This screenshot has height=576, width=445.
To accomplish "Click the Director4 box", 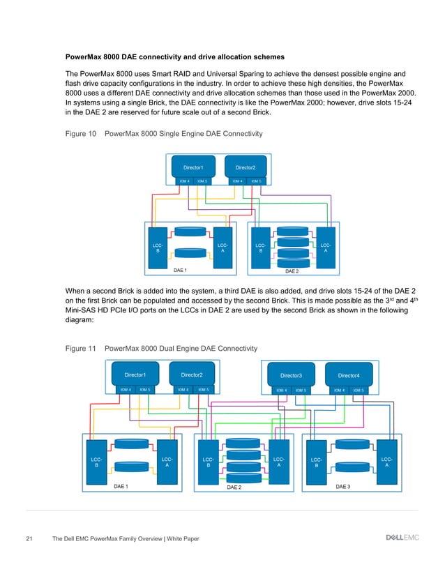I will pyautogui.click(x=348, y=375).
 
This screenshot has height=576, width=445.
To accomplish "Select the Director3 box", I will pyautogui.click(x=290, y=375).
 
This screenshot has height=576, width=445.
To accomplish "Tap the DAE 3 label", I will pyautogui.click(x=344, y=486).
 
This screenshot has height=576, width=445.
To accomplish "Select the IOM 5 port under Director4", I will pyautogui.click(x=358, y=390).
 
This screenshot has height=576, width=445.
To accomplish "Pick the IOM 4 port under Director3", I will pyautogui.click(x=281, y=390).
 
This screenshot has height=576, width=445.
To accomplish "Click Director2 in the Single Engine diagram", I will pyautogui.click(x=245, y=167).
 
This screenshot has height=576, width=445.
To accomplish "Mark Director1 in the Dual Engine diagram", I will pyautogui.click(x=135, y=375).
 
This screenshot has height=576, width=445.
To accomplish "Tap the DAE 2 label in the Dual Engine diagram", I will pyautogui.click(x=234, y=487).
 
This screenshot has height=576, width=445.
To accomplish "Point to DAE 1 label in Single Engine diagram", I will pyautogui.click(x=180, y=270).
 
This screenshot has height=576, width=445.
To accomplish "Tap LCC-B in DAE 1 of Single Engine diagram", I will pyautogui.click(x=158, y=248).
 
